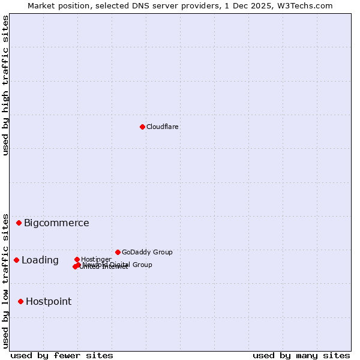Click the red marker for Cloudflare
pyautogui.click(x=142, y=127)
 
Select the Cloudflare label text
pyautogui.click(x=163, y=127)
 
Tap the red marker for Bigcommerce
pyautogui.click(x=19, y=223)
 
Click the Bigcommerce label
pyautogui.click(x=56, y=223)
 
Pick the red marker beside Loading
pyautogui.click(x=16, y=260)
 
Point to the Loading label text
pyautogui.click(x=40, y=260)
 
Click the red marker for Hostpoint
pyautogui.click(x=20, y=301)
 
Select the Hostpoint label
pyautogui.click(x=49, y=302)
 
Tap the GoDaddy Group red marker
pyautogui.click(x=118, y=252)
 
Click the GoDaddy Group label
pyautogui.click(x=147, y=252)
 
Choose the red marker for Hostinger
pyautogui.click(x=77, y=259)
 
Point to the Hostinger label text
pyautogui.click(x=96, y=259)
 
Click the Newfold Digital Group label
pyautogui.click(x=120, y=265)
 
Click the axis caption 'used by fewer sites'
pyautogui.click(x=62, y=355)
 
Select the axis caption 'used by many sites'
pyautogui.click(x=301, y=355)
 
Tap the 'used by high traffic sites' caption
pyautogui.click(x=5, y=85)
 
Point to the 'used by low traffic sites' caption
pyautogui.click(x=5, y=281)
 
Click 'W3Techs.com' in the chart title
pyautogui.click(x=305, y=5)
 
